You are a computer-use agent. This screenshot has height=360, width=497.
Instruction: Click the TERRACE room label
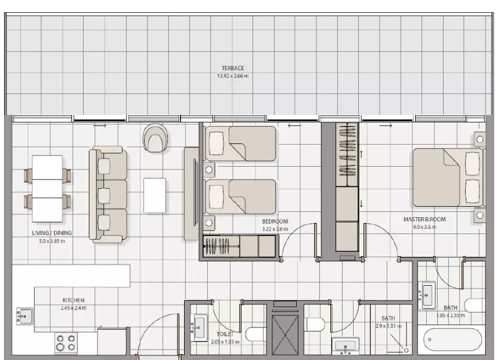[233, 68]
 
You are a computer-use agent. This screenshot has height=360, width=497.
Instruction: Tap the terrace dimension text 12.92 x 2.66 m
[233, 76]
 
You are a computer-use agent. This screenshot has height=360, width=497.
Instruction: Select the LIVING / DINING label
[52, 233]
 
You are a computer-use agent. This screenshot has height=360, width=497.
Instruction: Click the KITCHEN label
[73, 300]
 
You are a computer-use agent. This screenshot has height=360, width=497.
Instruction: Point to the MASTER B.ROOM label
[424, 219]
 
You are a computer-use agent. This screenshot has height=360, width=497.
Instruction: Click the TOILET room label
[225, 334]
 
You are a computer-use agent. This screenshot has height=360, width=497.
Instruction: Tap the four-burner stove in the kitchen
[66, 343]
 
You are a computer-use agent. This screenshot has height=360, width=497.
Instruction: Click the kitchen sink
[24, 316]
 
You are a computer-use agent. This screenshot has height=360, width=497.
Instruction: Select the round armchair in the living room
[155, 138]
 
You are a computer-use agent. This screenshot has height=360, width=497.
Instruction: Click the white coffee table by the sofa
[154, 196]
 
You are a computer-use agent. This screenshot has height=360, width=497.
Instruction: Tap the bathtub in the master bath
[450, 340]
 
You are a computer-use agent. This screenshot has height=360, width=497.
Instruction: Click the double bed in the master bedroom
[448, 178]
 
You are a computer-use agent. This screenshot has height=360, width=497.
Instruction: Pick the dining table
[47, 189]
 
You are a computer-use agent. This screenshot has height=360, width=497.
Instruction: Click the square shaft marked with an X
[285, 335]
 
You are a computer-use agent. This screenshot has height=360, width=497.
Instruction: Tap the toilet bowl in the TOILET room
[256, 334]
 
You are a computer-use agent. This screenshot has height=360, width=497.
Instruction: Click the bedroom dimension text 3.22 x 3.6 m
[275, 229]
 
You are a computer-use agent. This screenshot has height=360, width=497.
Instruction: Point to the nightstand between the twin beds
[209, 170]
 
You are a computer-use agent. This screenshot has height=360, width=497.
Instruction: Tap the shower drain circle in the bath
[406, 350]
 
